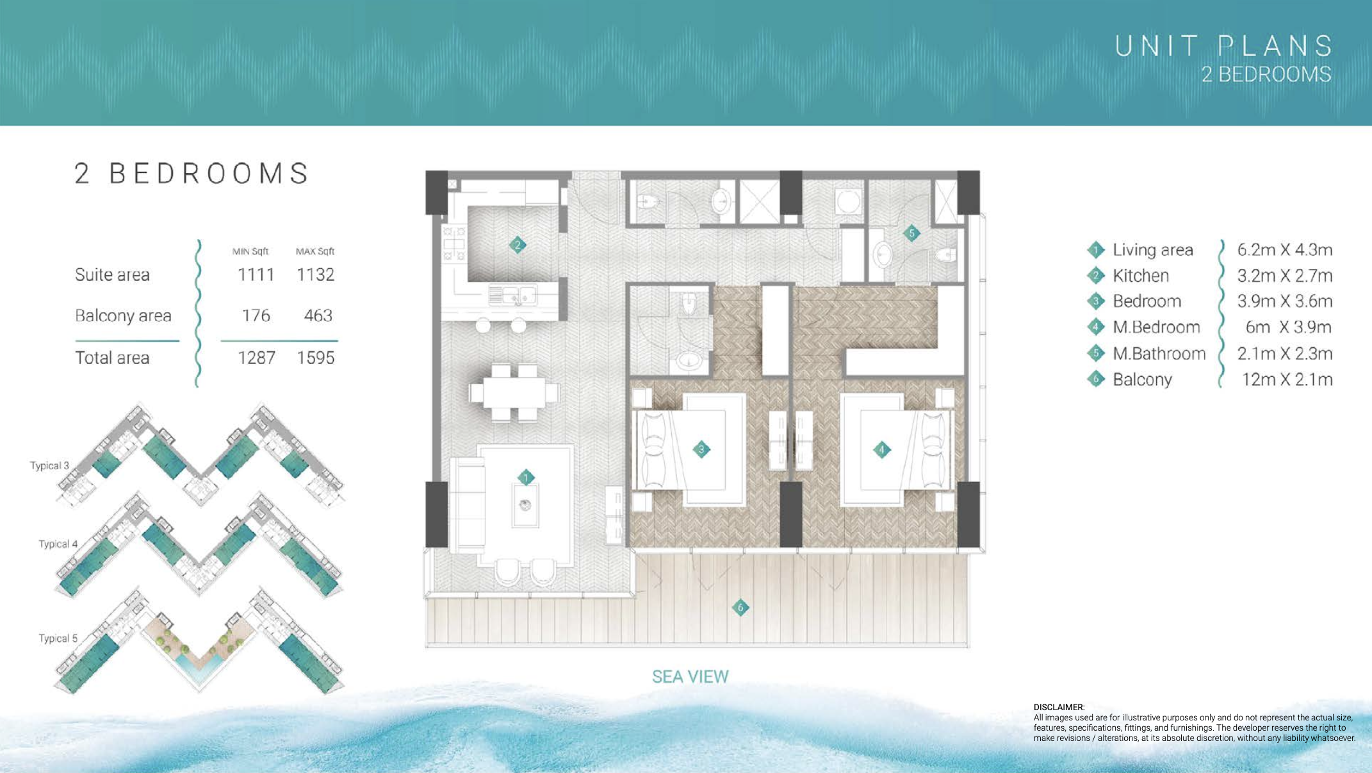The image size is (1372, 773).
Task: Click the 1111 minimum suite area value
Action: coord(256,275)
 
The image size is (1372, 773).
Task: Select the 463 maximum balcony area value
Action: coord(318,316)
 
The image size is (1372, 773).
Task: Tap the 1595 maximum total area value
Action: coord(315,358)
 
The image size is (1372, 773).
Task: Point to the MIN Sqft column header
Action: coord(250,251)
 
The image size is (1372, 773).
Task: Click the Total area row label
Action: coord(112,358)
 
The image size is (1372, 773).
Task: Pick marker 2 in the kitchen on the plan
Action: coord(518,245)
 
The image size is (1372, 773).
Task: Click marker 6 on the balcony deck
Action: coord(740,607)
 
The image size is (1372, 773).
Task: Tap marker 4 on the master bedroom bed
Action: coord(881,450)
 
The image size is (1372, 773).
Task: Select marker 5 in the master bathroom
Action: coord(911,233)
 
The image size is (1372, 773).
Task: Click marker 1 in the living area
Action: coord(526,478)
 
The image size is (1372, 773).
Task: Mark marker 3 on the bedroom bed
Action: coord(701,450)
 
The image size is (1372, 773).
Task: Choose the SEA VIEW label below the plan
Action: coord(690,677)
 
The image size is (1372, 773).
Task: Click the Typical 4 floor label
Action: coord(58,544)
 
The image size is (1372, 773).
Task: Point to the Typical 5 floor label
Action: coord(58,638)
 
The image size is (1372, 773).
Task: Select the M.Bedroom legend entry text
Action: coord(1156,328)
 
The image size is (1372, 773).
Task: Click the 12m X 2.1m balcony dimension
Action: coord(1287,379)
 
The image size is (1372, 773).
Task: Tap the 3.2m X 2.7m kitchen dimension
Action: coord(1284,276)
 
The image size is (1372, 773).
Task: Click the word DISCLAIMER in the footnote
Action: coord(1059,707)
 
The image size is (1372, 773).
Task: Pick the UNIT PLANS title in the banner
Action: coord(1223,46)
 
